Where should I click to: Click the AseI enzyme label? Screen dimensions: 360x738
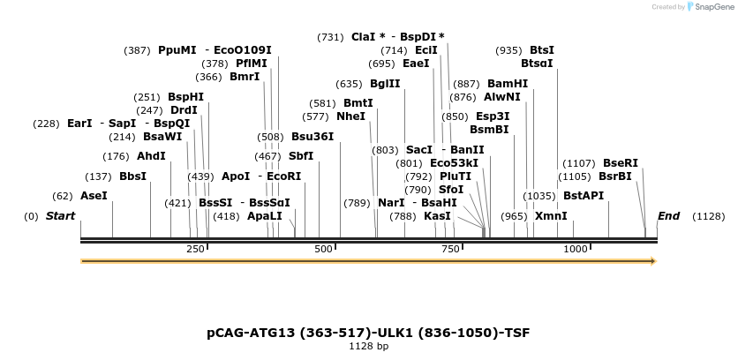93,196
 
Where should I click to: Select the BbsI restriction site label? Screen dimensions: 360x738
132,176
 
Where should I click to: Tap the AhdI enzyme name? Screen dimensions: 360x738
151,156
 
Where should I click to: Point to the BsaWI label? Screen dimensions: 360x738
162,137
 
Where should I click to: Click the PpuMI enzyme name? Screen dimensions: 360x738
177,50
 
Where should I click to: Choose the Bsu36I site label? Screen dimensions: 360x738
313,137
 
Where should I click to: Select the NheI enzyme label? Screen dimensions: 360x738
350,116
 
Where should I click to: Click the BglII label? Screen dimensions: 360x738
385,84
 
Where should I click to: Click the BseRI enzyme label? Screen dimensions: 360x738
620,163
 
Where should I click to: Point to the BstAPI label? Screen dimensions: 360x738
583,196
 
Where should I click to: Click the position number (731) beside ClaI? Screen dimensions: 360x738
330,37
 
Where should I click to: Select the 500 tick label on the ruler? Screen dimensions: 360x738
322,250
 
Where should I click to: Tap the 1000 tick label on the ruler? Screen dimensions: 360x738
575,250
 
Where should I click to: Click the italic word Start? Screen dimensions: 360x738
60,216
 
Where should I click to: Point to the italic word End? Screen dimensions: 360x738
668,216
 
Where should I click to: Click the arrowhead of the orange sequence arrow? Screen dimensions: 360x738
651,261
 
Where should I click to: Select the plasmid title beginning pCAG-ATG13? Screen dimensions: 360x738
368,333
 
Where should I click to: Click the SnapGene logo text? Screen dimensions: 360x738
715,7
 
